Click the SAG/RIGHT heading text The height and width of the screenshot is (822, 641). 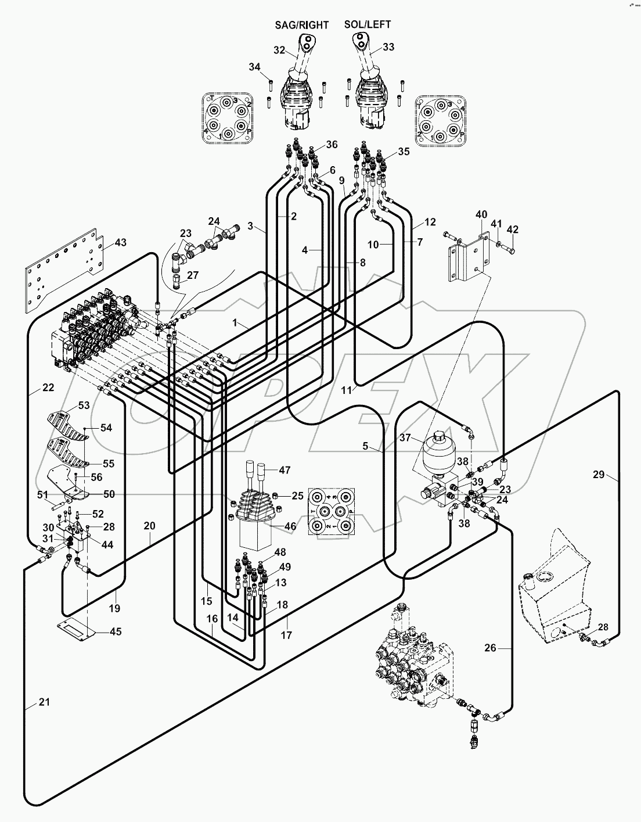click(x=301, y=25)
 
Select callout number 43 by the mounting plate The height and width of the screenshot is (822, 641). click(x=120, y=242)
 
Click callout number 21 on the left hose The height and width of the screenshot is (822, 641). click(x=44, y=702)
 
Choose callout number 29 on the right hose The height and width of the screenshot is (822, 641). click(x=599, y=475)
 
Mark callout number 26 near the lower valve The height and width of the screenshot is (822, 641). click(x=491, y=647)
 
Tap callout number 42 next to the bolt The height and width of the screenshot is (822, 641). click(x=512, y=229)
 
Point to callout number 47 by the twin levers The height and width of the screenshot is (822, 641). click(x=285, y=470)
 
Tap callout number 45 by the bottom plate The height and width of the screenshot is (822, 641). click(x=116, y=632)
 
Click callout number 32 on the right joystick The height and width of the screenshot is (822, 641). click(x=279, y=51)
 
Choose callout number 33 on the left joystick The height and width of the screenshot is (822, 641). click(x=388, y=47)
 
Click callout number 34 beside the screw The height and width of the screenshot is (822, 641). click(x=254, y=67)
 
